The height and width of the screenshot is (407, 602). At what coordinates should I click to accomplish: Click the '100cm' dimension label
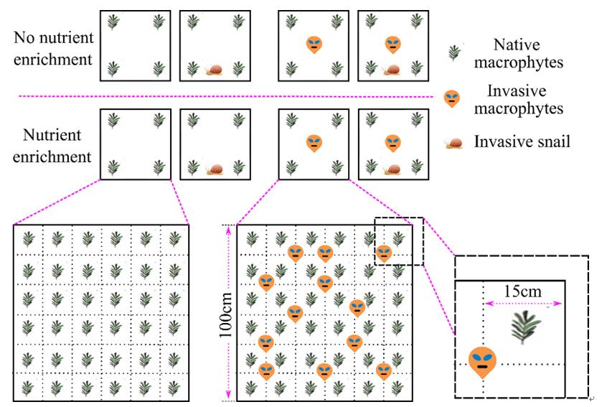pyautogui.click(x=216, y=314)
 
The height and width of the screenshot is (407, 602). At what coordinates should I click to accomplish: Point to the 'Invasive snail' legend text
pyautogui.click(x=522, y=141)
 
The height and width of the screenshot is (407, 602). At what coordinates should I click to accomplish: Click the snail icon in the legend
pyautogui.click(x=454, y=143)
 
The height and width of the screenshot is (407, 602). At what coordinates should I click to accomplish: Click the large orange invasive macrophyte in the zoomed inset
pyautogui.click(x=483, y=361)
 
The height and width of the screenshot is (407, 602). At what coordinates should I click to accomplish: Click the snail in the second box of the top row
pyautogui.click(x=214, y=70)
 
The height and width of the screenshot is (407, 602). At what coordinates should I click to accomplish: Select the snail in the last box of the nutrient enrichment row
pyautogui.click(x=392, y=169)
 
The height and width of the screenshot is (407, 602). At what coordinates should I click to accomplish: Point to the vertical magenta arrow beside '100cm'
pyautogui.click(x=229, y=314)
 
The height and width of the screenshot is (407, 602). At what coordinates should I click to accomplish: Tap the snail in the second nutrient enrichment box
pyautogui.click(x=214, y=169)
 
